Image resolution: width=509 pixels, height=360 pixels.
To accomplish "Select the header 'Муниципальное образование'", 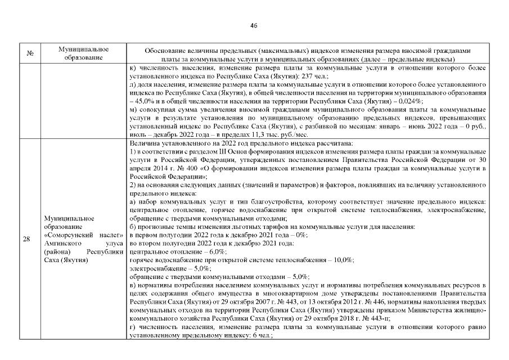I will (83, 54).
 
